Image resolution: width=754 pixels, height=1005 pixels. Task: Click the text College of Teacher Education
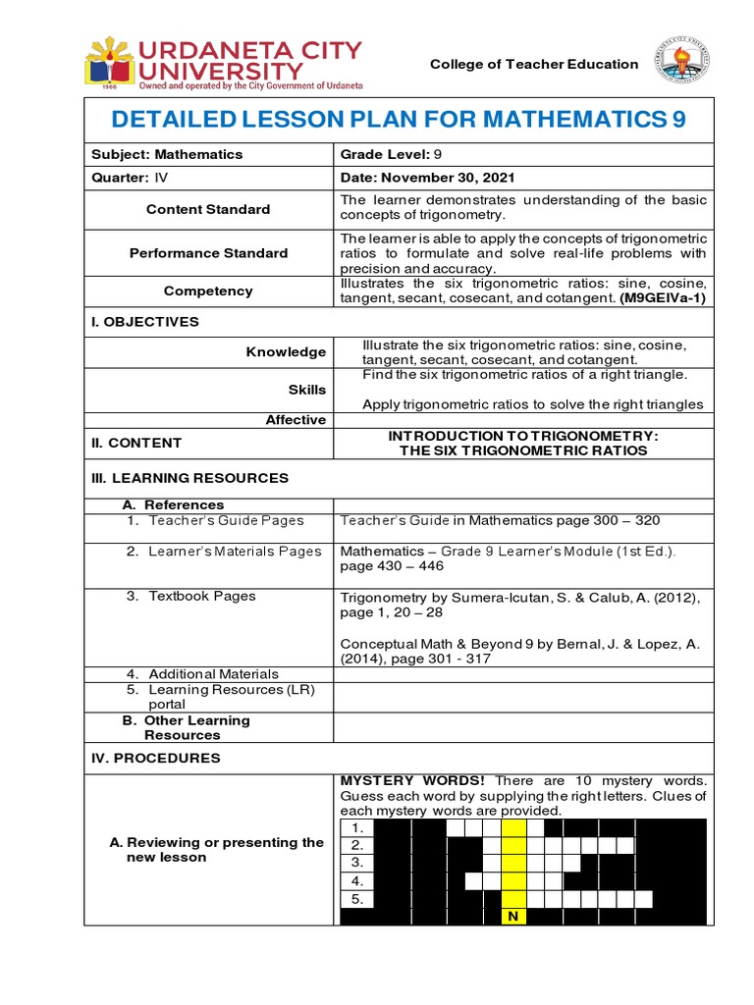tap(534, 64)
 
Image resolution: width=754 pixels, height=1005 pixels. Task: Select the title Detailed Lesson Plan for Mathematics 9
tap(399, 120)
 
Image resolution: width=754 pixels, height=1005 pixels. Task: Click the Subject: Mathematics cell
tap(166, 154)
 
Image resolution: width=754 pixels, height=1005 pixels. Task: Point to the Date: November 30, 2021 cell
tap(427, 178)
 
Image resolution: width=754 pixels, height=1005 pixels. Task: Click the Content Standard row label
tap(208, 209)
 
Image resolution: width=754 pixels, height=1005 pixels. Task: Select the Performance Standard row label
tap(208, 253)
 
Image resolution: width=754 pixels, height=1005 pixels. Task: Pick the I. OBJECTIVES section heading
tap(144, 322)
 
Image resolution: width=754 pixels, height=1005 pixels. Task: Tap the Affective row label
tap(296, 420)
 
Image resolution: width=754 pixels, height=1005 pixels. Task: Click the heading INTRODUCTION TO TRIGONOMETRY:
tap(523, 435)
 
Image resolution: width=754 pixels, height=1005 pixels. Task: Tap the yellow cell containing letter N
tap(513, 917)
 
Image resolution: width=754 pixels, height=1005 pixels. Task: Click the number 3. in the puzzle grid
tap(357, 863)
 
